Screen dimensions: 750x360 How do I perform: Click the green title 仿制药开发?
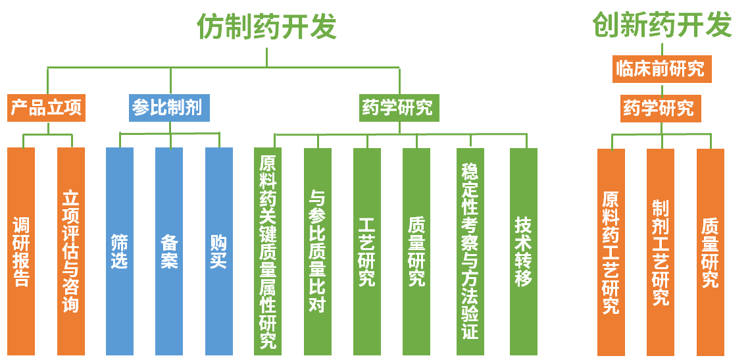266,27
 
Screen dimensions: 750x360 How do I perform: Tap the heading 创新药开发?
662,25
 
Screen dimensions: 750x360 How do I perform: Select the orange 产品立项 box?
47,108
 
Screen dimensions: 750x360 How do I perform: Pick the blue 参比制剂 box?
170,108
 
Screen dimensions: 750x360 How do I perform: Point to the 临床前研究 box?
662,69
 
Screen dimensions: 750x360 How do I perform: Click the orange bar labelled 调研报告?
21,251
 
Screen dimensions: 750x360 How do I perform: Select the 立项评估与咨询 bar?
71,251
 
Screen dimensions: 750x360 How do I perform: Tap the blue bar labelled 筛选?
120,251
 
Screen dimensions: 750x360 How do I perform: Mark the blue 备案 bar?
169,251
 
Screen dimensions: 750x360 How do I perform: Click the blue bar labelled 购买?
219,251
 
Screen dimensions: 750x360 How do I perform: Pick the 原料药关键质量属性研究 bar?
268,251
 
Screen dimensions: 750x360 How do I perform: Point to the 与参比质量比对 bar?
318,251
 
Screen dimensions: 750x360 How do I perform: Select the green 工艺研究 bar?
367,251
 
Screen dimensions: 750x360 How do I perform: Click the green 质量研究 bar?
416,251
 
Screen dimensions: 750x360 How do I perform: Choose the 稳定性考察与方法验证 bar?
470,251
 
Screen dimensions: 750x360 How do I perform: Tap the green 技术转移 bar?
524,251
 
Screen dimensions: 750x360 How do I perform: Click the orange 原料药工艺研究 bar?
611,252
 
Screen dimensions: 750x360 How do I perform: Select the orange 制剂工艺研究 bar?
661,252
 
